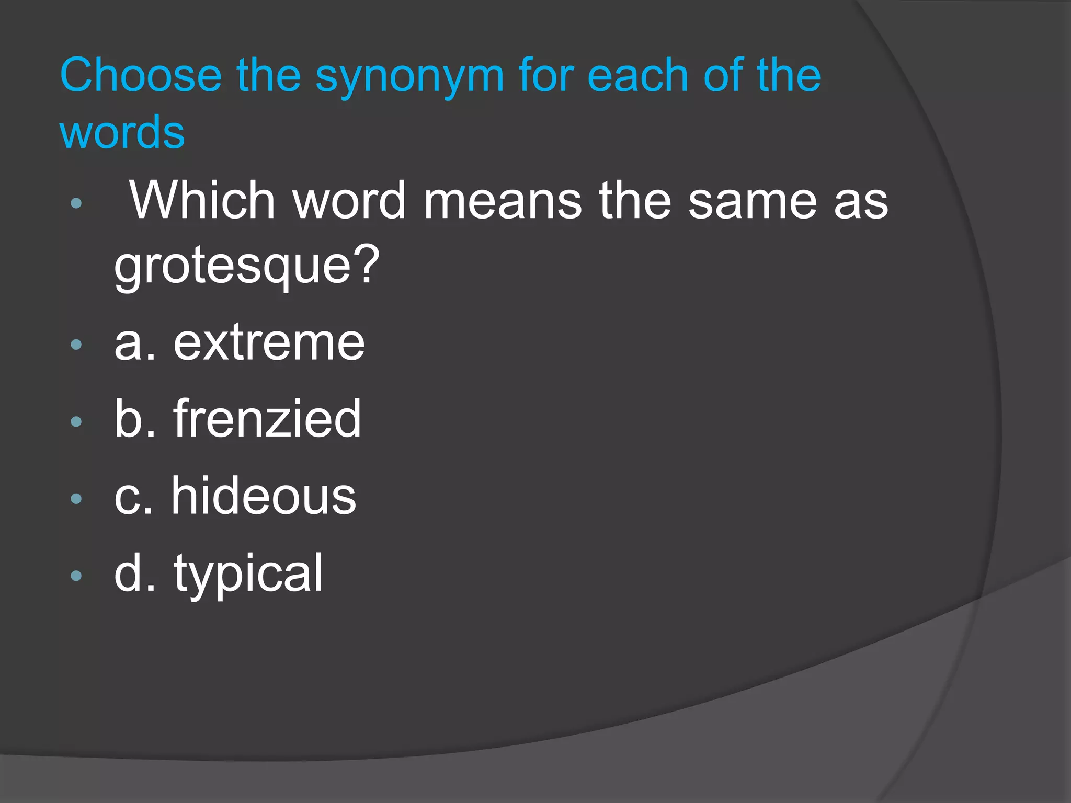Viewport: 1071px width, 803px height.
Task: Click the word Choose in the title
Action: point(141,76)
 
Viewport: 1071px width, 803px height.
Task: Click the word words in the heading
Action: point(122,132)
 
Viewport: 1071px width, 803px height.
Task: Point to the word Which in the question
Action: point(202,200)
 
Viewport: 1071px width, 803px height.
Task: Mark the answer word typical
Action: point(248,574)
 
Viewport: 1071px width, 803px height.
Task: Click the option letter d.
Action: point(128,573)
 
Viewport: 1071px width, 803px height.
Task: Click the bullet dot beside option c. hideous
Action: point(76,499)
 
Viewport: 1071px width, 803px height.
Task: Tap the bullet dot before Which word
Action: point(76,203)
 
